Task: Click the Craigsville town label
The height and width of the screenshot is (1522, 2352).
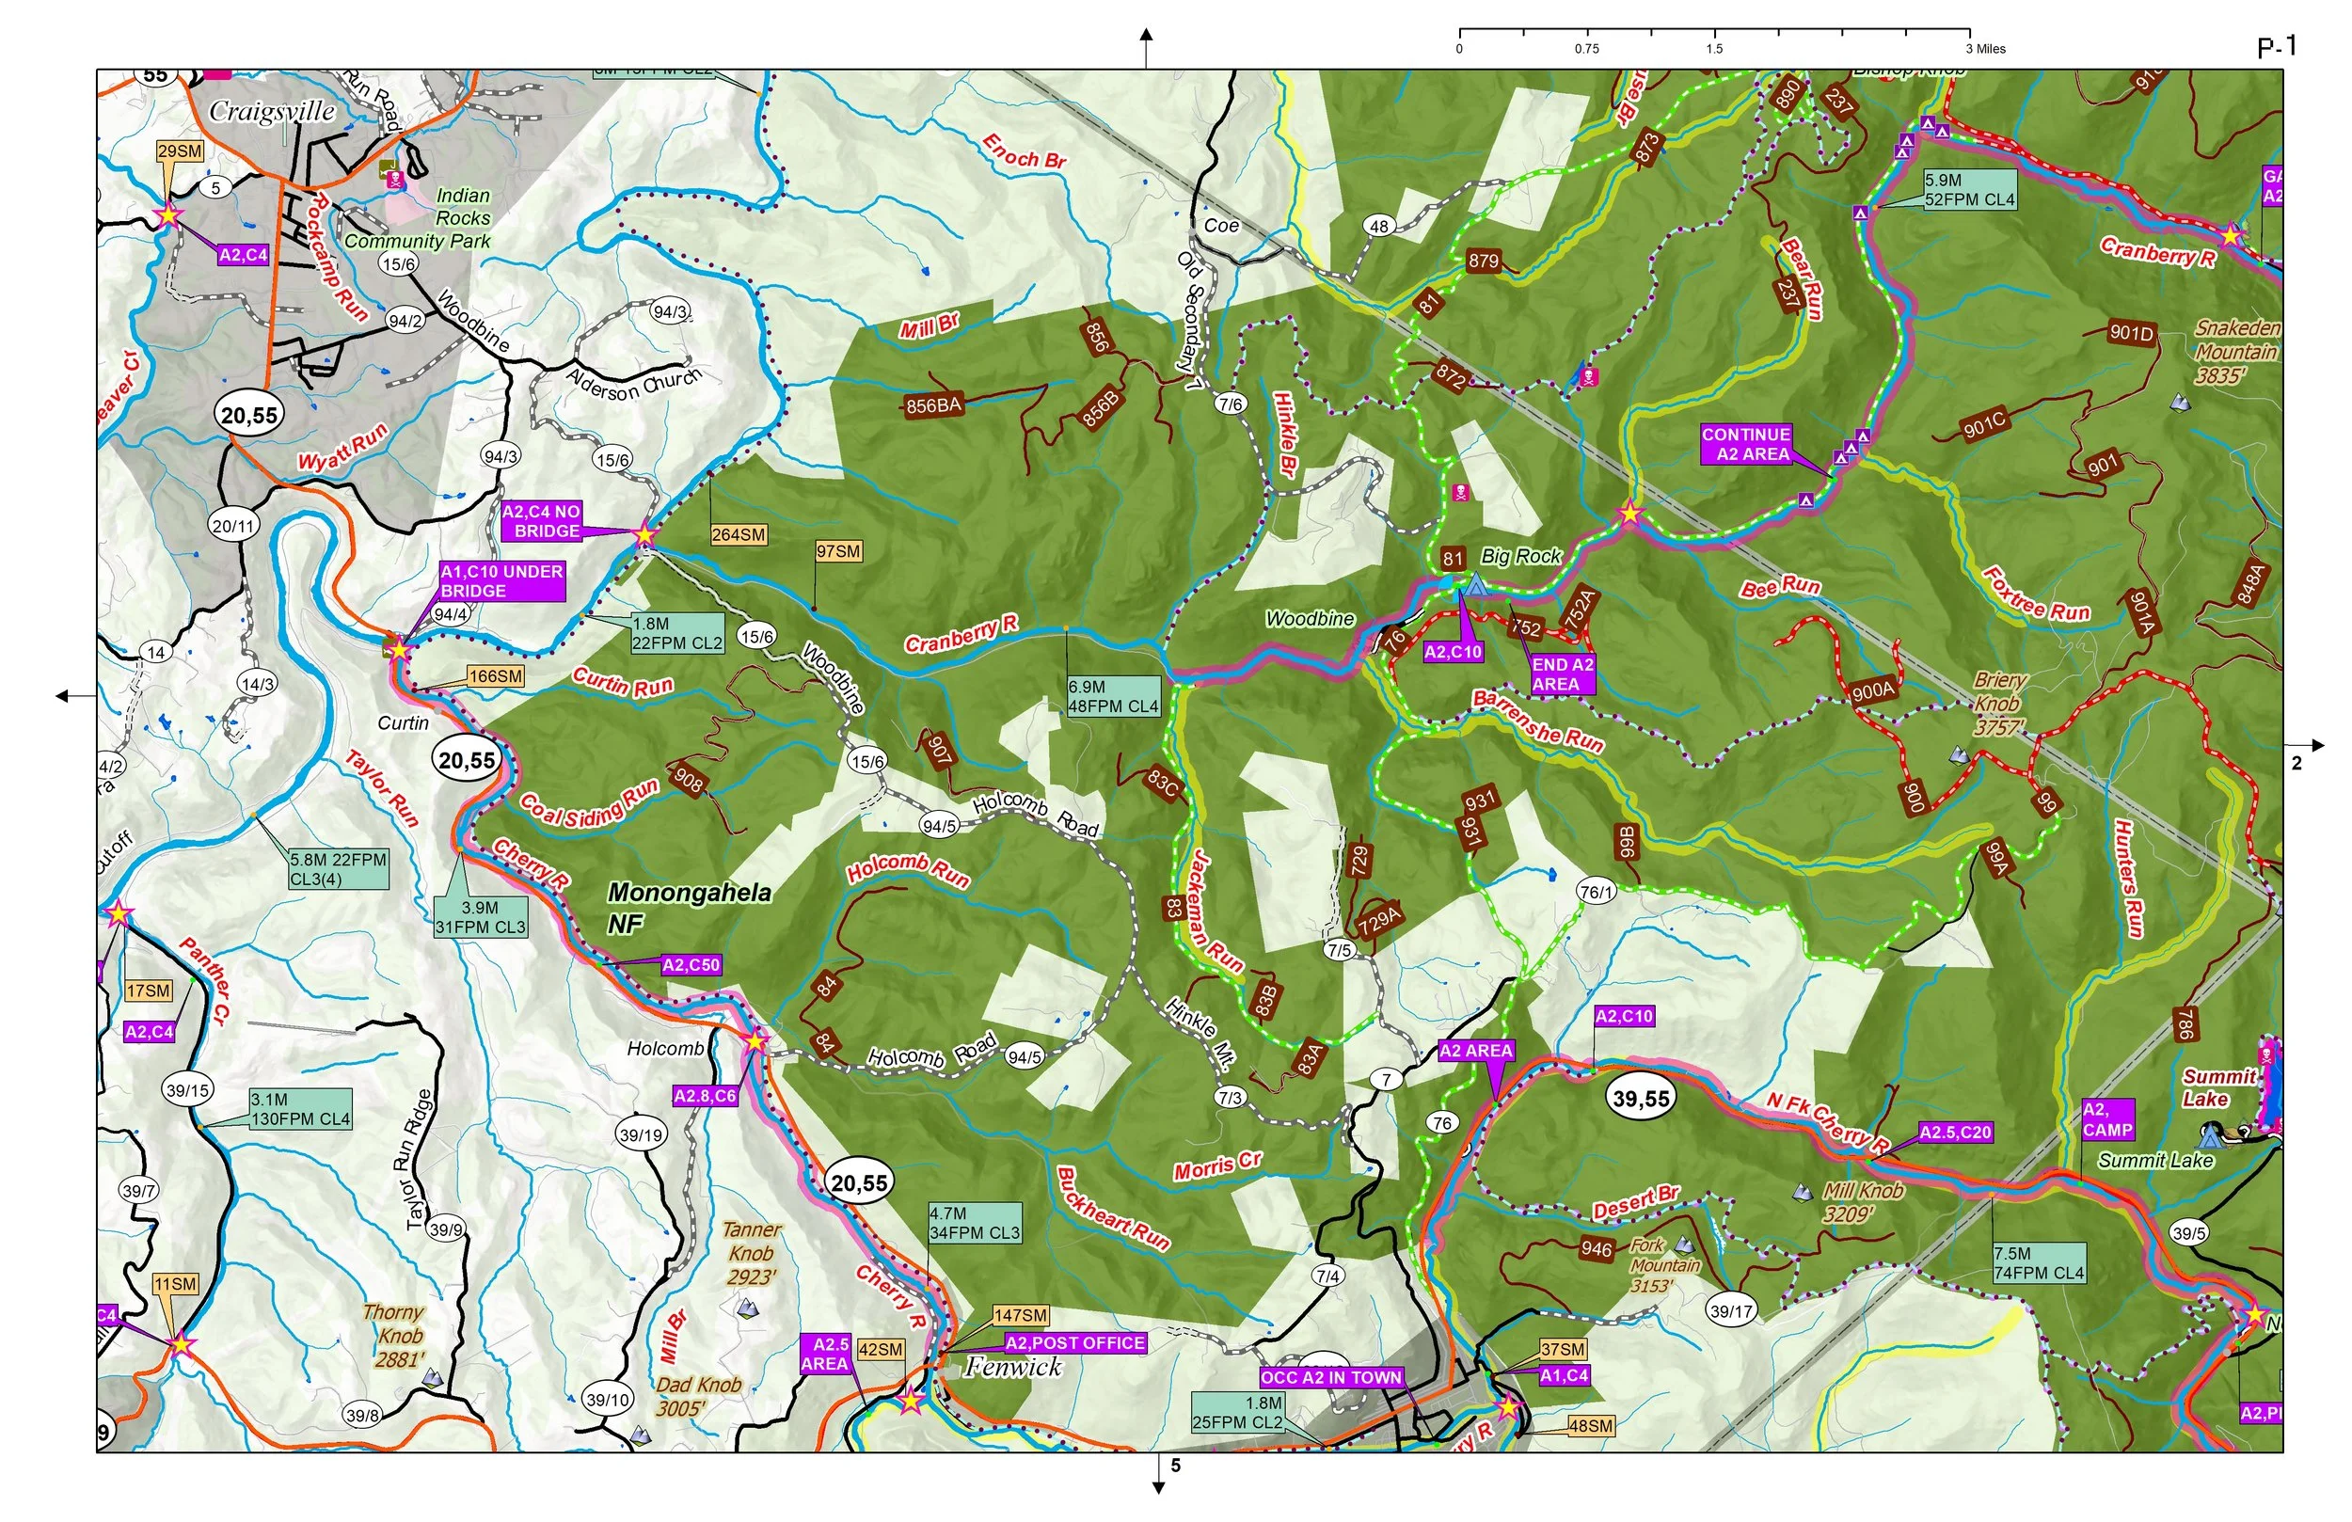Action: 272,111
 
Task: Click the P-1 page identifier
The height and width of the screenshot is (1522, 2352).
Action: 2276,46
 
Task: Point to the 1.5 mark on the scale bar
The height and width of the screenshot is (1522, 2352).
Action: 1713,48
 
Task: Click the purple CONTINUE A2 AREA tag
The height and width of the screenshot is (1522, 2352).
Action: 1745,444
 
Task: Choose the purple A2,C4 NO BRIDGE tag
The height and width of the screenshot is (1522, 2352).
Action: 542,521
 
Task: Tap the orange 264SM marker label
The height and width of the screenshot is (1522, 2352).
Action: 739,534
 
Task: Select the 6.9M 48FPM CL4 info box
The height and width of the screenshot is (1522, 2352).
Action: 1113,696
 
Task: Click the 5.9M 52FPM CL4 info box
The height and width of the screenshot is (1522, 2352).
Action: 1968,190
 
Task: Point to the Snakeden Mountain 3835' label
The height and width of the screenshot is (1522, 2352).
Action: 2236,351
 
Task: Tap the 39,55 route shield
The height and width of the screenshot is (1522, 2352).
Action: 1641,1098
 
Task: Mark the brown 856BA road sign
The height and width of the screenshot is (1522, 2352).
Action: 933,405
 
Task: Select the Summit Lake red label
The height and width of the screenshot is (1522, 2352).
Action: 2218,1088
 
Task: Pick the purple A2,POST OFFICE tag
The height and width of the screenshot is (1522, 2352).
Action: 1075,1343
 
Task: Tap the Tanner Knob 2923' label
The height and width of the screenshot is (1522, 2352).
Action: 751,1253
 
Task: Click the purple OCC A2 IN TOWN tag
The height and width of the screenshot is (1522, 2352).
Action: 1331,1377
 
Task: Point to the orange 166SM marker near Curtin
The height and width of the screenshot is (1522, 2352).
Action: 495,677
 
